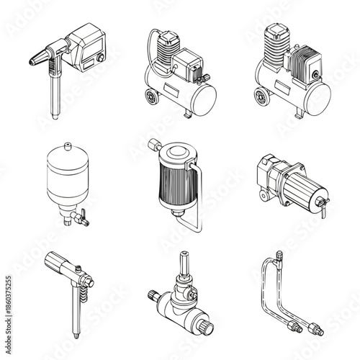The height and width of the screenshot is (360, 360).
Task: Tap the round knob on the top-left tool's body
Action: pyautogui.click(x=101, y=57)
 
